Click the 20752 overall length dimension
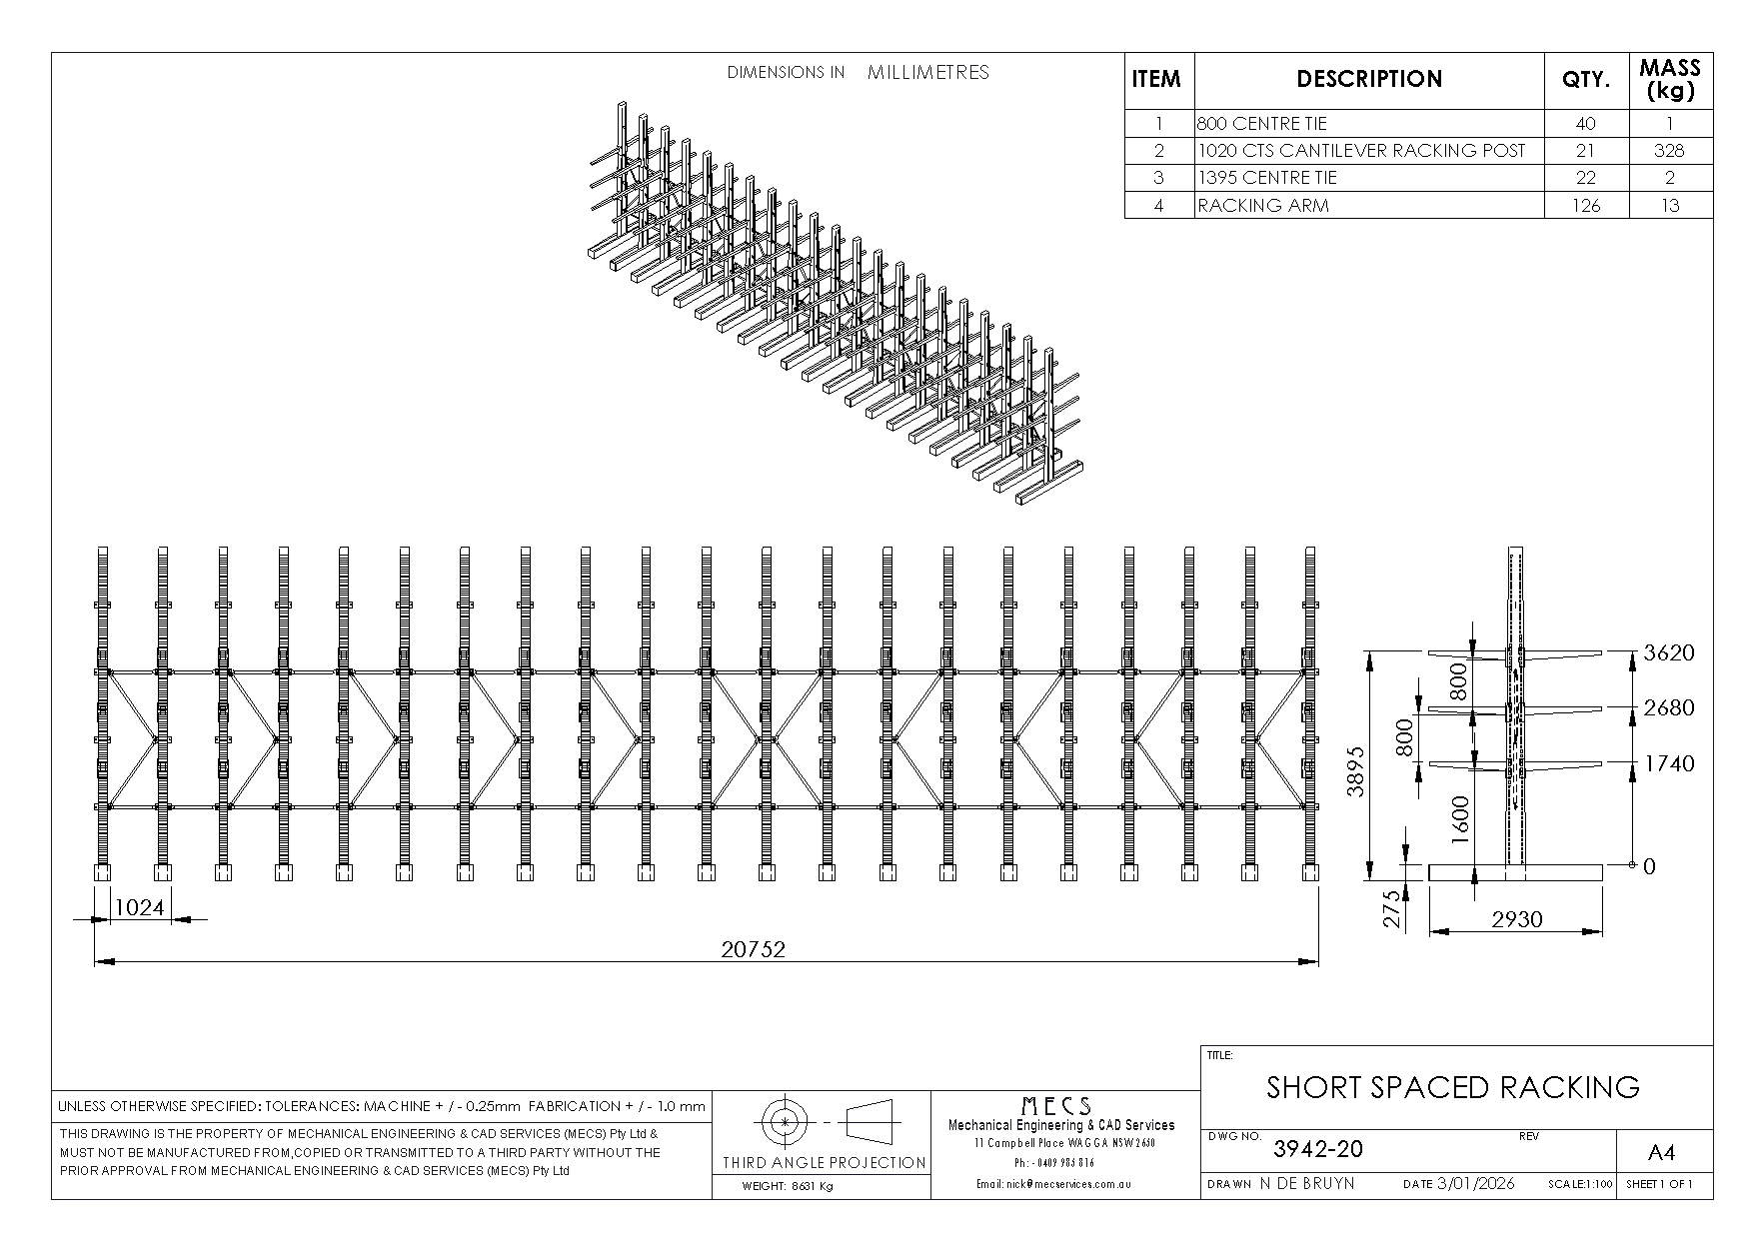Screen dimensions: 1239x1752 pyautogui.click(x=753, y=949)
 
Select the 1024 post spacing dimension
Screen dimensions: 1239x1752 pyautogui.click(x=139, y=908)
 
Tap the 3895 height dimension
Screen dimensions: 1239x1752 pyautogui.click(x=1355, y=770)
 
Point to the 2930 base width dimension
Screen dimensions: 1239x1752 pyautogui.click(x=1516, y=919)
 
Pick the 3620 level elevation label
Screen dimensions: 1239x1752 pyautogui.click(x=1669, y=652)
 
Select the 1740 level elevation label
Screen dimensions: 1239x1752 pyautogui.click(x=1669, y=763)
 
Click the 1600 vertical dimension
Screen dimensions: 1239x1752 pyautogui.click(x=1460, y=820)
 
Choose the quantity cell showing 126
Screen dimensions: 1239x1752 pyautogui.click(x=1585, y=205)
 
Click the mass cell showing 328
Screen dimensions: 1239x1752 pyautogui.click(x=1669, y=151)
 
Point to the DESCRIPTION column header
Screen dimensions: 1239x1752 pyautogui.click(x=1368, y=79)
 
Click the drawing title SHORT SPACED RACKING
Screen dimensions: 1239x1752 pyautogui.click(x=1452, y=1087)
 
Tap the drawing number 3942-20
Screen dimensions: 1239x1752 pyautogui.click(x=1317, y=1149)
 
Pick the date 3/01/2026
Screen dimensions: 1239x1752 pyautogui.click(x=1475, y=1183)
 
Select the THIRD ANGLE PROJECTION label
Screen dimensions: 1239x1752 pyautogui.click(x=825, y=1162)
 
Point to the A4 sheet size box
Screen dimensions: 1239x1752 pyautogui.click(x=1660, y=1153)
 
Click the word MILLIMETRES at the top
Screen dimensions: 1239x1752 pyautogui.click(x=927, y=72)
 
